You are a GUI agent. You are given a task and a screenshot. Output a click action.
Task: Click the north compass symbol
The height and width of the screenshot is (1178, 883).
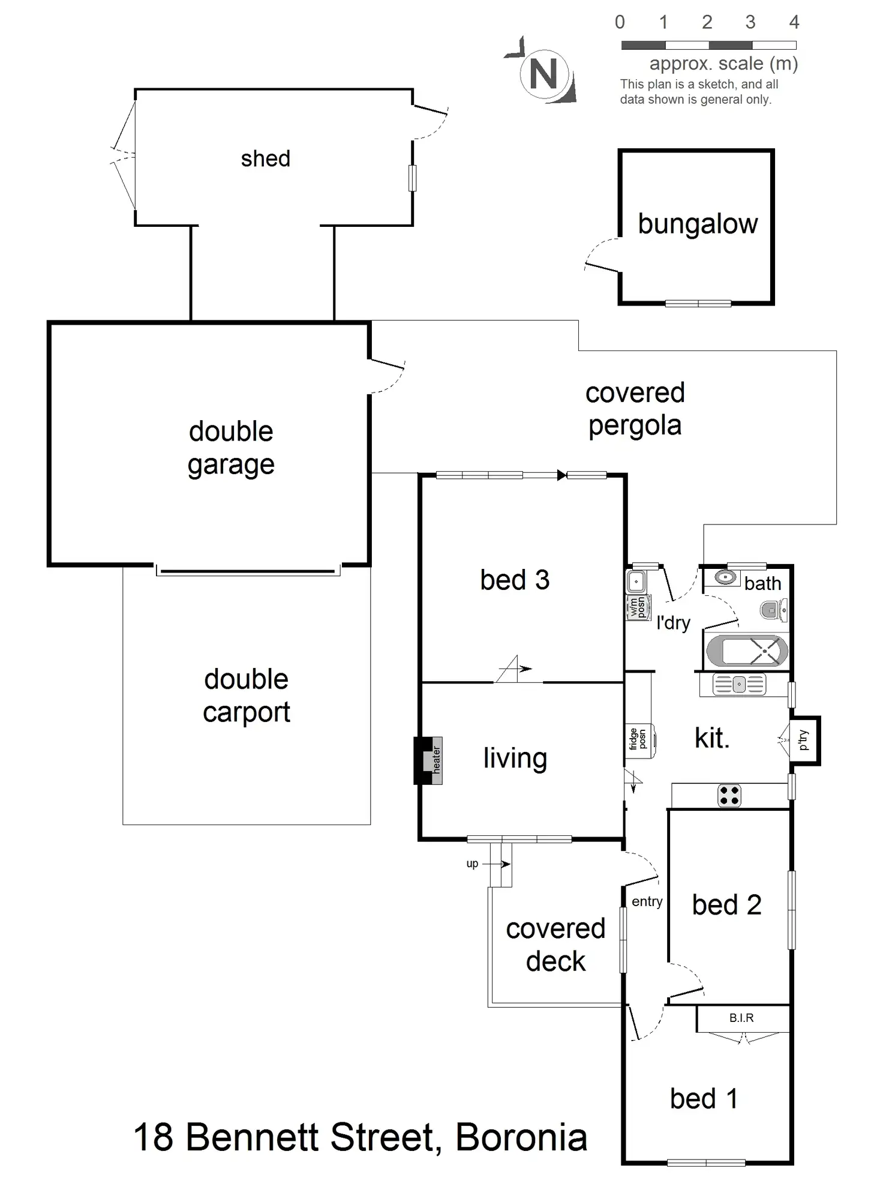[543, 74]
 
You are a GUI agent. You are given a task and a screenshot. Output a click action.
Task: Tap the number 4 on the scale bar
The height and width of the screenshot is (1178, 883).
[794, 23]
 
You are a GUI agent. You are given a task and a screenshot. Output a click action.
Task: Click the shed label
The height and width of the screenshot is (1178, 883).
[265, 159]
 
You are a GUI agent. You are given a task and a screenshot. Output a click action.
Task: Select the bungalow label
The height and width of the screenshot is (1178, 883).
[698, 224]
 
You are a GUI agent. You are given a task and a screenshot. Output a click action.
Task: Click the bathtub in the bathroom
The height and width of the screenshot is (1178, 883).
[747, 651]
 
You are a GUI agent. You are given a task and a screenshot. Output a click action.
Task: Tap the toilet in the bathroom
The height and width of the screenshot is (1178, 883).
[774, 611]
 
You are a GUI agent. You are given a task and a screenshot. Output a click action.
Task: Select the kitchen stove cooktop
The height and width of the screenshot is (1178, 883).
[729, 796]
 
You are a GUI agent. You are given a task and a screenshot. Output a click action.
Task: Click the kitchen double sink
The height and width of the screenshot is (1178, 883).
[739, 684]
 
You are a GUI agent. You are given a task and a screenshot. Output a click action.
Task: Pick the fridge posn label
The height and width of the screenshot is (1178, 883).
[638, 739]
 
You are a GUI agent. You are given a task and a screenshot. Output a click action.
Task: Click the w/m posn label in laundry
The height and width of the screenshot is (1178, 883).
[638, 607]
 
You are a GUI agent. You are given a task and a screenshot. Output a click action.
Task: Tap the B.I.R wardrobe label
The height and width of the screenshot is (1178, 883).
[741, 1018]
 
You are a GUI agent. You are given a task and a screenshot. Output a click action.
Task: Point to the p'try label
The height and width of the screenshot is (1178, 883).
[804, 740]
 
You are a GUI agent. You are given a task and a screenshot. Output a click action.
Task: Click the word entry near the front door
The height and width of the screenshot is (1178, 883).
[647, 901]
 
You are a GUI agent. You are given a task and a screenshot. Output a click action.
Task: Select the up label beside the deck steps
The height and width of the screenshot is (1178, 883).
[472, 864]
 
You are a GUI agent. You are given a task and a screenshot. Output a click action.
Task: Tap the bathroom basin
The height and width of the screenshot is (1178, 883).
[726, 577]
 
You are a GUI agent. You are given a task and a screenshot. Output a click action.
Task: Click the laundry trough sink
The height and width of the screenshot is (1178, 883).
[636, 581]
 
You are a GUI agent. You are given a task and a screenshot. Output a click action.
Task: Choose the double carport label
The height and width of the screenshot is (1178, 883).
[246, 696]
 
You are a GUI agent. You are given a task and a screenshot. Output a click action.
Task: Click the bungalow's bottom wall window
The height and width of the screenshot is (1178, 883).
[698, 304]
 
